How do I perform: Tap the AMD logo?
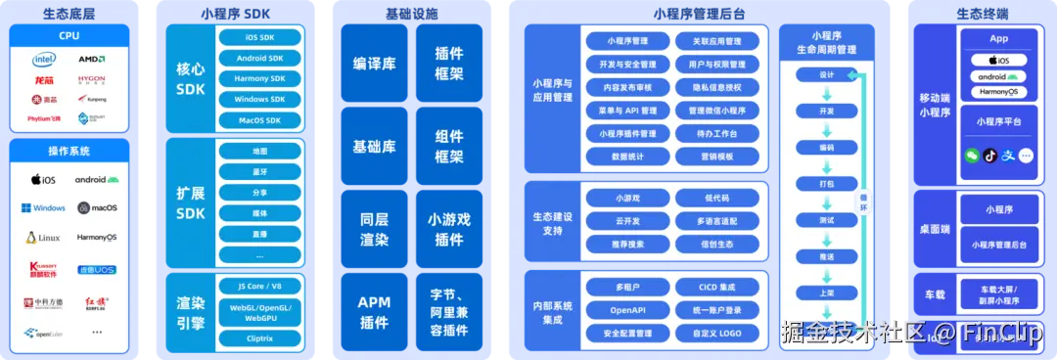point(91,59)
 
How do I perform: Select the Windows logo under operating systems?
point(43,208)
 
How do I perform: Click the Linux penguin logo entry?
point(43,238)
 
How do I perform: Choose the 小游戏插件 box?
point(449,230)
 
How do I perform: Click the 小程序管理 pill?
point(627,41)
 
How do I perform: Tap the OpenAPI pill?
point(627,310)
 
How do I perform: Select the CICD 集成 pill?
point(716,288)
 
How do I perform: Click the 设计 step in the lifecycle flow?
point(826,75)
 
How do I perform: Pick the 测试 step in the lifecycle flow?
point(826,220)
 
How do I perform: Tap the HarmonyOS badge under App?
point(998,92)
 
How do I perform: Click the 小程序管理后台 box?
point(998,244)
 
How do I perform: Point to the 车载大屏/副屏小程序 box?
point(998,295)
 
